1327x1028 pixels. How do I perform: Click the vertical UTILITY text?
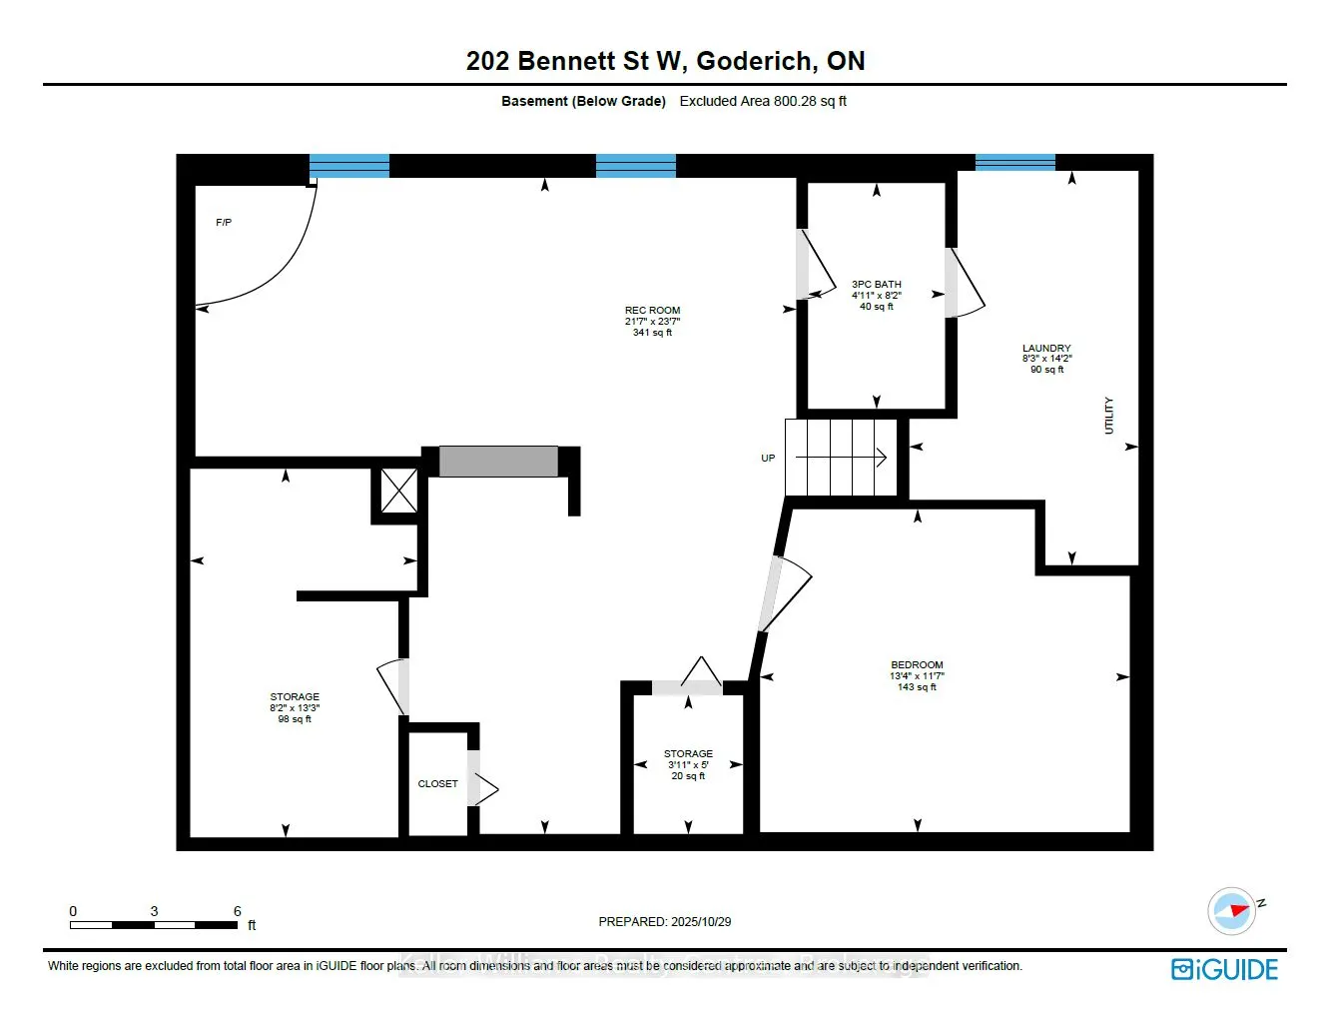1108,416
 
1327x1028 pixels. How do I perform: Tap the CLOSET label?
437,784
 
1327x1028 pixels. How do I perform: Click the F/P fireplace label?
224,223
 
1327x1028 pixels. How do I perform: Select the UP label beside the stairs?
768,459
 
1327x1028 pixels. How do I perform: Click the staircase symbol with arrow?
841,458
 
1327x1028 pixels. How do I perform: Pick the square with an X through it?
399,491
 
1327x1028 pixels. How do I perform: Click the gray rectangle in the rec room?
498,462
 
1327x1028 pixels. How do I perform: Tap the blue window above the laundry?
1014,163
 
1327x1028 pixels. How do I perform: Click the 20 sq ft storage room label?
688,765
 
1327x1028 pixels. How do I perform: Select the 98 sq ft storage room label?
295,707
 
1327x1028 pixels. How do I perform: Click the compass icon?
1232,910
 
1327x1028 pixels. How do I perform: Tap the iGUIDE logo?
1224,969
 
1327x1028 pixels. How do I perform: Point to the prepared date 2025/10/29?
665,922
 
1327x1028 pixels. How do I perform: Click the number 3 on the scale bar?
154,911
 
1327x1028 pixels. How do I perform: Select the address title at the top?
665,61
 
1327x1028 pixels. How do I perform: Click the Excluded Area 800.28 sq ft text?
763,101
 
